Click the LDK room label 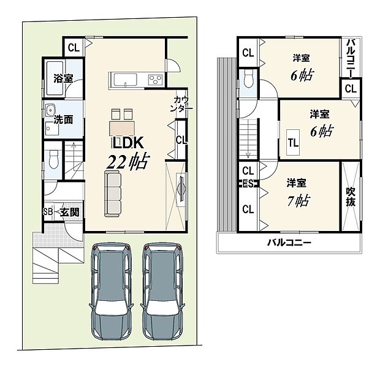[x=127, y=143]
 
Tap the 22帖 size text [x=127, y=162]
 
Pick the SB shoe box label [x=48, y=213]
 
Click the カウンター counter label [x=182, y=104]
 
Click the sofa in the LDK [x=113, y=193]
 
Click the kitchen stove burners [x=153, y=79]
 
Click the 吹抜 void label [x=351, y=197]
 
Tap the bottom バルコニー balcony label [x=289, y=243]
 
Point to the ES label [x=248, y=183]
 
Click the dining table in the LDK [x=120, y=127]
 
